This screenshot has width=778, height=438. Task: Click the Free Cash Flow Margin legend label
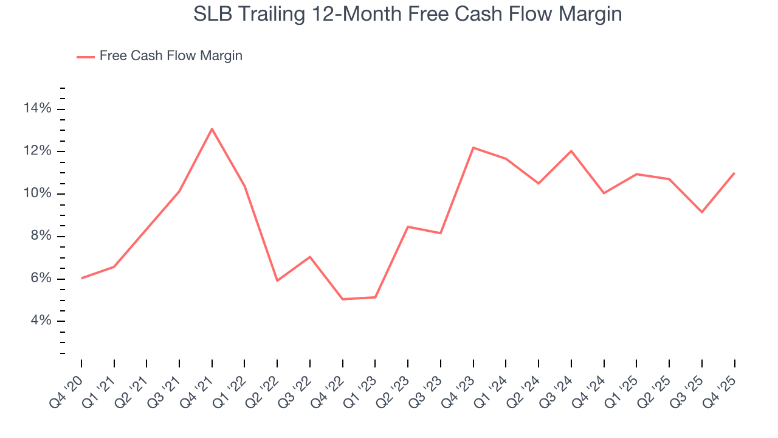(x=171, y=56)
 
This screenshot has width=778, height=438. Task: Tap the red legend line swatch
(x=85, y=57)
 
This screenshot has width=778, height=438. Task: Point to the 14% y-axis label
(x=37, y=109)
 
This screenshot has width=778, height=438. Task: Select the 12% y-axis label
(x=37, y=151)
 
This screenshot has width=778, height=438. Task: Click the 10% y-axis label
(x=37, y=194)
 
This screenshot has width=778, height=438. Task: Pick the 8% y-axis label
(x=40, y=236)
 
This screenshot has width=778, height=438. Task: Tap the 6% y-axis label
(x=40, y=279)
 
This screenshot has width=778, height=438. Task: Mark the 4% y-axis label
(x=40, y=321)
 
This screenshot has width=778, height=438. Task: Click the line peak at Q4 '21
(x=212, y=129)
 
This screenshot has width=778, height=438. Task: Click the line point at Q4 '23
(x=473, y=148)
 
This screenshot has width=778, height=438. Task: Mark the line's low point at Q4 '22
(x=342, y=299)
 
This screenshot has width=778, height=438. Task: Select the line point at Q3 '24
(x=571, y=151)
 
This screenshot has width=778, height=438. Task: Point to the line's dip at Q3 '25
(x=702, y=212)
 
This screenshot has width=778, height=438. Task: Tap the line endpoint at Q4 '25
(x=734, y=173)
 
